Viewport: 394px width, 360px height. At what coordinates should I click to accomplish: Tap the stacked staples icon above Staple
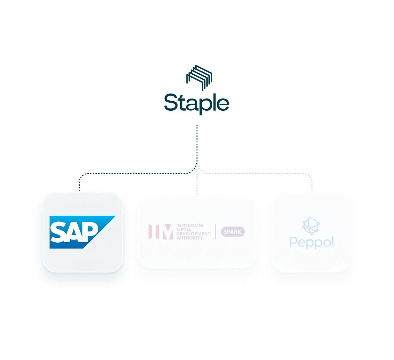pyautogui.click(x=199, y=78)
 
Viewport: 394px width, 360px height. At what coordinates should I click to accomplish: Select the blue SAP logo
pyautogui.click(x=82, y=232)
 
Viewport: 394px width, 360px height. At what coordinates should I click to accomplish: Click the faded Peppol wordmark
pyautogui.click(x=312, y=243)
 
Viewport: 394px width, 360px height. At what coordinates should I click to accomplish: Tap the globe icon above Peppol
pyautogui.click(x=311, y=225)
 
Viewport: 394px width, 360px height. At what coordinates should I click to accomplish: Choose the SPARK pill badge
pyautogui.click(x=233, y=231)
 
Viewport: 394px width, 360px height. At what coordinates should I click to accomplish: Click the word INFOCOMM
pyautogui.click(x=190, y=225)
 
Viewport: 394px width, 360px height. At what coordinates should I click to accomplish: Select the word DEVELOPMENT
pyautogui.click(x=194, y=233)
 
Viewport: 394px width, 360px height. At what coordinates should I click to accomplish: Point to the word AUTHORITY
pyautogui.click(x=190, y=238)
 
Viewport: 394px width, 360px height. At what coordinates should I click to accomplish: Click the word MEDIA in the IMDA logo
pyautogui.click(x=184, y=229)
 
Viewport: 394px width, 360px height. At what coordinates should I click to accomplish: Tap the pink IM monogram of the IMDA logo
pyautogui.click(x=161, y=231)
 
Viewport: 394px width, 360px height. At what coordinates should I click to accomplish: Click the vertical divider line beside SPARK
pyautogui.click(x=215, y=231)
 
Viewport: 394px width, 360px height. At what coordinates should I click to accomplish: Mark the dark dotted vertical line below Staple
pyautogui.click(x=197, y=145)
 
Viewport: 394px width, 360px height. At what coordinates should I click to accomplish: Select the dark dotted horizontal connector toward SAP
pyautogui.click(x=133, y=174)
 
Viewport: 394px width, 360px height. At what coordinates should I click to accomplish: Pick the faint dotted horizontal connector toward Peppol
pyautogui.click(x=254, y=174)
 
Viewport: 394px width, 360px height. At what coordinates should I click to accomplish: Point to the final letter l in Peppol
pyautogui.click(x=333, y=241)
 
